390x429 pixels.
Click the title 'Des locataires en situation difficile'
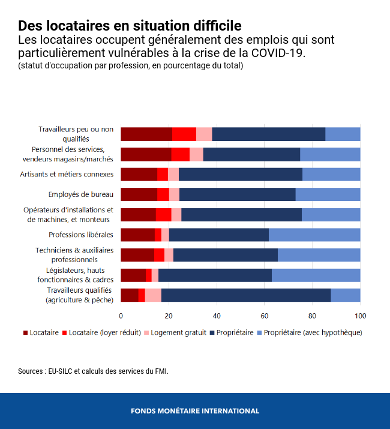click(130, 26)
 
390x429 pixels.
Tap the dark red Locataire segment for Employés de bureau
click(139, 194)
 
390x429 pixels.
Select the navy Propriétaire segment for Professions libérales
click(218, 235)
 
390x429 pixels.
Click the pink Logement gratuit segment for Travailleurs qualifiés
click(153, 295)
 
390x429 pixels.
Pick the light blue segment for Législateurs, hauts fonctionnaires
click(316, 275)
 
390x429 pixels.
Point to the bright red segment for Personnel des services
click(180, 154)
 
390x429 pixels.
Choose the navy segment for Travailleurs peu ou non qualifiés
click(268, 134)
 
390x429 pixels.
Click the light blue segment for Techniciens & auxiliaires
click(319, 255)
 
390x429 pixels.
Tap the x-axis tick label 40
click(217, 316)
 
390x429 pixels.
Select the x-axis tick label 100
click(360, 316)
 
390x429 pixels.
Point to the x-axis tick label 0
click(121, 316)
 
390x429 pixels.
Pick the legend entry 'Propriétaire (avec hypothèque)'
click(313, 332)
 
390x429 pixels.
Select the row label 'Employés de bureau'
click(80, 194)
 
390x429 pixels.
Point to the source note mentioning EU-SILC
click(93, 371)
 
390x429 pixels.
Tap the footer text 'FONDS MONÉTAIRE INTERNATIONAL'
click(195, 411)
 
